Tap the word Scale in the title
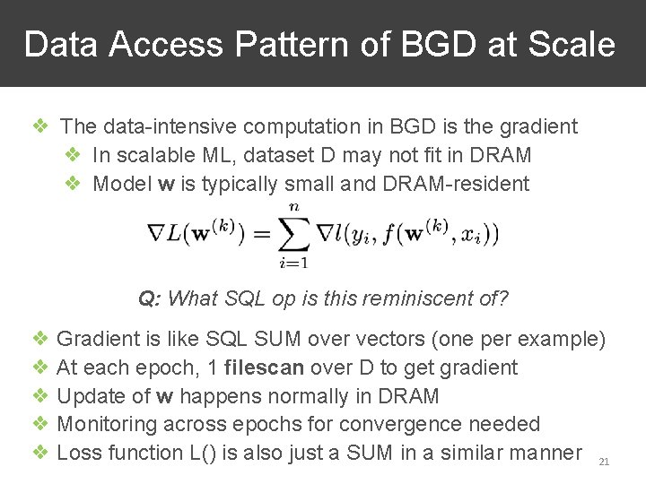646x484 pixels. [571, 44]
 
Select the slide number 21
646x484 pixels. [603, 462]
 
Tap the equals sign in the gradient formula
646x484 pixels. [260, 235]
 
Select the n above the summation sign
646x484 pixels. [294, 207]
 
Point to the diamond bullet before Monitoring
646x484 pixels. [40, 424]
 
